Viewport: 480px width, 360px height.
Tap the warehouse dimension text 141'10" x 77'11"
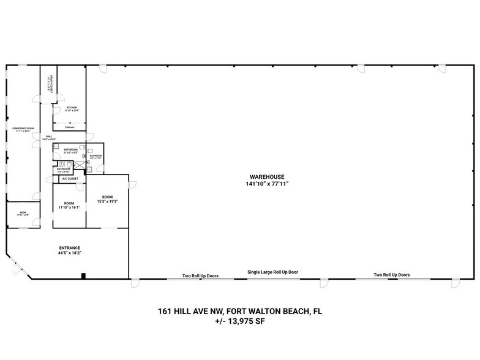pyautogui.click(x=266, y=183)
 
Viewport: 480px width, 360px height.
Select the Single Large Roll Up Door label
pyautogui.click(x=273, y=272)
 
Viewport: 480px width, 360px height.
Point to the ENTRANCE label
pyautogui.click(x=70, y=248)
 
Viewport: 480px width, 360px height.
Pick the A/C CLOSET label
pyautogui.click(x=70, y=179)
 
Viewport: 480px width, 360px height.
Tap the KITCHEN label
pyautogui.click(x=72, y=107)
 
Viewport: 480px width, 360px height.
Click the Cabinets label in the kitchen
pyautogui.click(x=70, y=127)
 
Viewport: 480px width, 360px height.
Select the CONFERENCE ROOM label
pyautogui.click(x=23, y=128)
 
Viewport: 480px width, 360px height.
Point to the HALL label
pyautogui.click(x=48, y=137)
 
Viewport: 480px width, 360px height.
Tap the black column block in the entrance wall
pyautogui.click(x=83, y=276)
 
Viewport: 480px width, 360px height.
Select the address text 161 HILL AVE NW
pyautogui.click(x=190, y=312)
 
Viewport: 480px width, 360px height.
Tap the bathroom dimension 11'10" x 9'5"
pyautogui.click(x=70, y=152)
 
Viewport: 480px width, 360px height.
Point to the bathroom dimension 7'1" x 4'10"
pyautogui.click(x=64, y=171)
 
